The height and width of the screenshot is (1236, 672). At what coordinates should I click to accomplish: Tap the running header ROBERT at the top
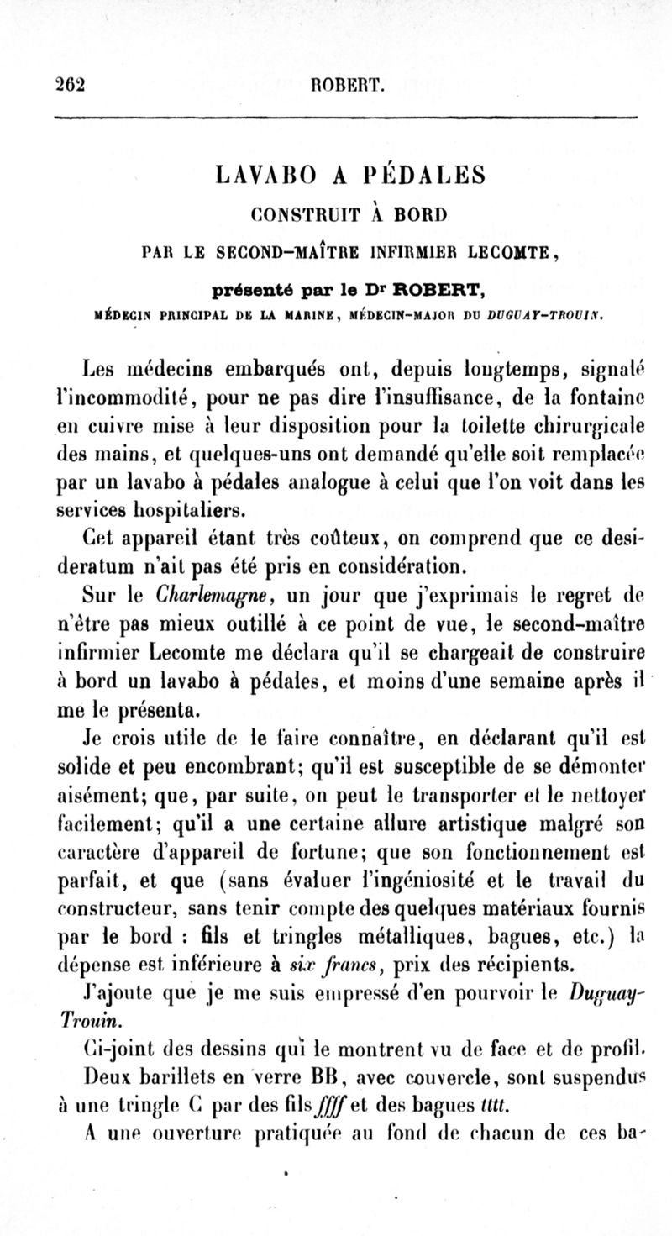click(x=347, y=84)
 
